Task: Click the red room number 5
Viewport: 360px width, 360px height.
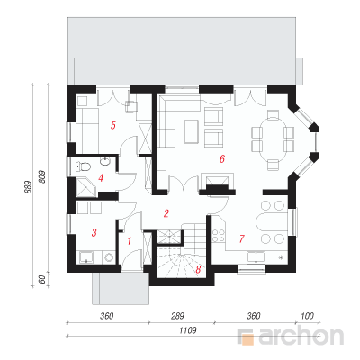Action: click(112, 125)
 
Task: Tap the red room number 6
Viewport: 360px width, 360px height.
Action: click(222, 159)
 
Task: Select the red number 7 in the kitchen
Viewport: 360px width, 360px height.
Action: click(242, 238)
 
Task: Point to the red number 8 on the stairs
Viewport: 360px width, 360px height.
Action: click(198, 270)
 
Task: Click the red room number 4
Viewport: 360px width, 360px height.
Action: click(101, 178)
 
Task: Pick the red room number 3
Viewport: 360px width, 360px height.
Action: click(94, 232)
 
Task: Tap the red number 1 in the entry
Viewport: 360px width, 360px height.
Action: click(130, 241)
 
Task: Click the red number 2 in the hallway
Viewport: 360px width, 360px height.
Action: click(166, 213)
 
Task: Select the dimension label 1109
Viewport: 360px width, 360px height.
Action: click(188, 330)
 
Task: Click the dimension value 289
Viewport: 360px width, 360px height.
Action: click(177, 316)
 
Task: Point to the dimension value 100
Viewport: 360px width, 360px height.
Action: click(307, 316)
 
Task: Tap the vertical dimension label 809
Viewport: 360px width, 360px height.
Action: click(42, 177)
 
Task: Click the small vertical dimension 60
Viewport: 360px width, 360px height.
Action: click(42, 279)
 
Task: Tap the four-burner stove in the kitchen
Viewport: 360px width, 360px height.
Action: click(218, 235)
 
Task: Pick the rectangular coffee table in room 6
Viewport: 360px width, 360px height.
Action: click(191, 131)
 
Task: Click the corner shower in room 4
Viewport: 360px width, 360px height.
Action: click(86, 187)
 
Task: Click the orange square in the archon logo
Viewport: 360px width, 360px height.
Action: click(247, 339)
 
